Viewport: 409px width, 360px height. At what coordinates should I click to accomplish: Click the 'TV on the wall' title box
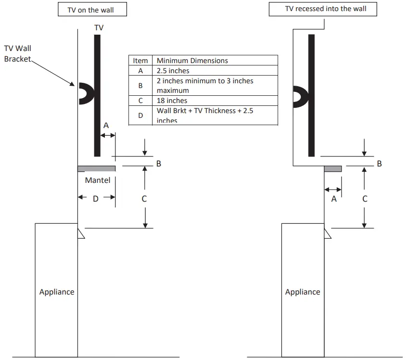[92, 10]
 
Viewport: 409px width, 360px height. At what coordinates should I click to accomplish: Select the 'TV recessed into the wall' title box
[325, 9]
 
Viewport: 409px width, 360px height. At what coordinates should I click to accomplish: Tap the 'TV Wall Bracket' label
[18, 53]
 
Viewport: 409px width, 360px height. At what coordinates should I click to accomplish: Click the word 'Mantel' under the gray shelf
[98, 180]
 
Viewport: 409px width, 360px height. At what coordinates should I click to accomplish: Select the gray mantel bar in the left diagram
[96, 168]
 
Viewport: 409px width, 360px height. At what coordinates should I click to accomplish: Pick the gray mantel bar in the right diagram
[333, 168]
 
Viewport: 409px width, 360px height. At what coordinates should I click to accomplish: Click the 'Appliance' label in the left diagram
[57, 292]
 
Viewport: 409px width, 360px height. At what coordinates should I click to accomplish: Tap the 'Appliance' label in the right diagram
[303, 292]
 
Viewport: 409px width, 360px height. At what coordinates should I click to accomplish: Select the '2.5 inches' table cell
[173, 71]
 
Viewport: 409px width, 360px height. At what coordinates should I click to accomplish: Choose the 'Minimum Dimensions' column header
[192, 61]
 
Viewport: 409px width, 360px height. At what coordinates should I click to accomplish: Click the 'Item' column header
[141, 61]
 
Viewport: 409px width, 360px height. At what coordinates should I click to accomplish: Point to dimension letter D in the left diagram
[95, 198]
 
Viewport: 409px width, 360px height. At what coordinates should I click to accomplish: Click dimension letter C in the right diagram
[365, 198]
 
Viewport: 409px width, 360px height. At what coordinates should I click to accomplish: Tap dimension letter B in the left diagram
[159, 164]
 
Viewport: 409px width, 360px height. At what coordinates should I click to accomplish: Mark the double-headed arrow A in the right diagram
[333, 190]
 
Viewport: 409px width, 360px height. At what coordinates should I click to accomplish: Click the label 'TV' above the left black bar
[99, 28]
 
